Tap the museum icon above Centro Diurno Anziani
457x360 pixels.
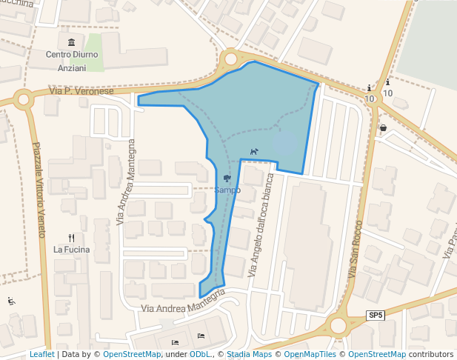[71, 42]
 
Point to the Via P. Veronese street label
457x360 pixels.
[81, 91]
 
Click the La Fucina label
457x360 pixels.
[71, 250]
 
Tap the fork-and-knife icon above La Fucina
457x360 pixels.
[72, 238]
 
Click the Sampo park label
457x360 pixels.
[227, 190]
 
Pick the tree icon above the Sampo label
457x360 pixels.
[227, 179]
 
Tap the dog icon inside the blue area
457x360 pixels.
[254, 152]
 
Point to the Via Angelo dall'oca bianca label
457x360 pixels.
[266, 225]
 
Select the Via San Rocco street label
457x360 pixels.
[355, 249]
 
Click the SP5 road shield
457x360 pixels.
[376, 315]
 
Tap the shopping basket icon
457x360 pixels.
[383, 127]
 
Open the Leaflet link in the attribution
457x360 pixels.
[42, 355]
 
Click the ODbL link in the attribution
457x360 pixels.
[200, 355]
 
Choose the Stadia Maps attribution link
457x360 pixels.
[249, 355]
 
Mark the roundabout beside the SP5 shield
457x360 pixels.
[339, 324]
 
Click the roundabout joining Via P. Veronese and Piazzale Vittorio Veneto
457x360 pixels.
[23, 99]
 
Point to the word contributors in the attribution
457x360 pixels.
[431, 355]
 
